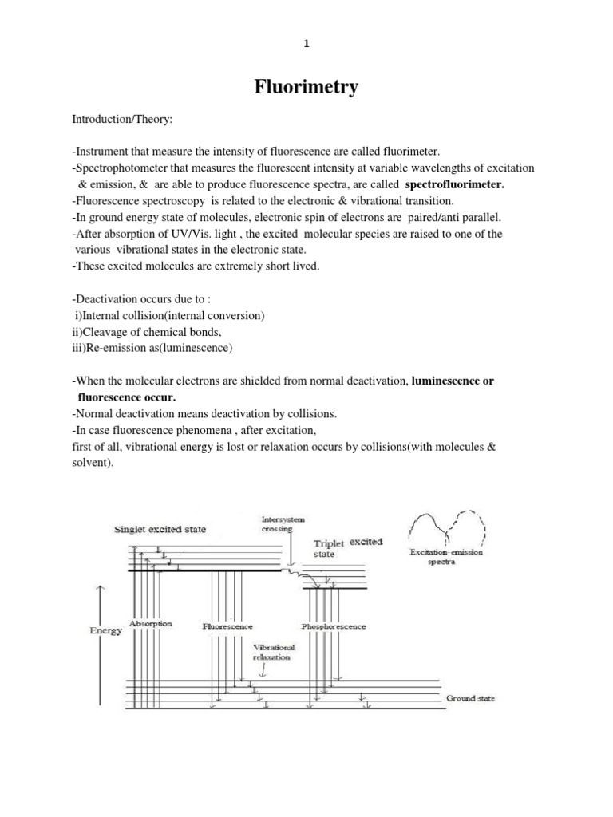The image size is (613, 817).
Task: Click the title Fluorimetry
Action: (x=306, y=88)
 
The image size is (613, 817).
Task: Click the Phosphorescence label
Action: (x=334, y=626)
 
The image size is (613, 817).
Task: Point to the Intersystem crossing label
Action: (x=277, y=523)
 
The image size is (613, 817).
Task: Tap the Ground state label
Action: (x=470, y=698)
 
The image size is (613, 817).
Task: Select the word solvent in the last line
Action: (x=87, y=462)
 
